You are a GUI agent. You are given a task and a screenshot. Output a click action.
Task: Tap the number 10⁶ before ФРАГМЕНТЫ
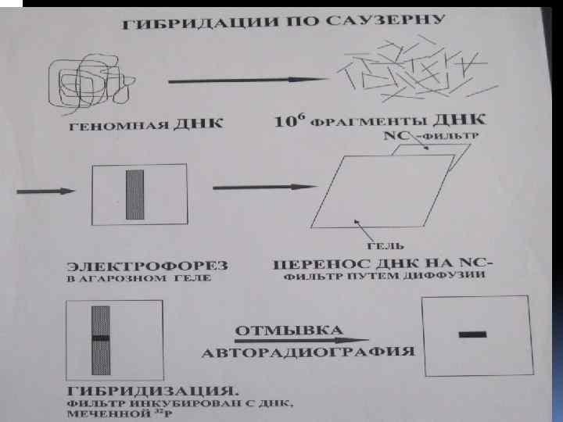(x=291, y=121)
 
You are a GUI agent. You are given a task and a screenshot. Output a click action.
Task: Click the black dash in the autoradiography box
(x=472, y=334)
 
